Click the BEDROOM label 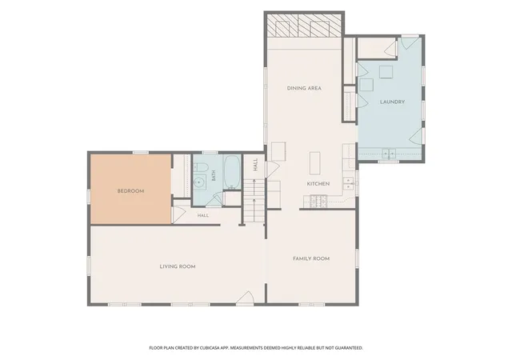tap(130, 191)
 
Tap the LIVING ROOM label tap(178, 266)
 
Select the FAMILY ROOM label tap(311, 258)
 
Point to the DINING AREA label tap(304, 88)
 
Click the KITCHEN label tap(318, 184)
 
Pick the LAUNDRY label tap(392, 102)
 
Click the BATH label tap(214, 175)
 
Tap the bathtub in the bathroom tap(233, 172)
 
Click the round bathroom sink tap(199, 182)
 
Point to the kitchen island tap(314, 162)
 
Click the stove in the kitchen tap(318, 201)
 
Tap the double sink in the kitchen tap(349, 183)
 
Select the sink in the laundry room tap(389, 154)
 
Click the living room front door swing tap(246, 298)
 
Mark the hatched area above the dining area tap(304, 26)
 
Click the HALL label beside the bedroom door tap(202, 216)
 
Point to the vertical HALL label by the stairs tap(255, 165)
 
